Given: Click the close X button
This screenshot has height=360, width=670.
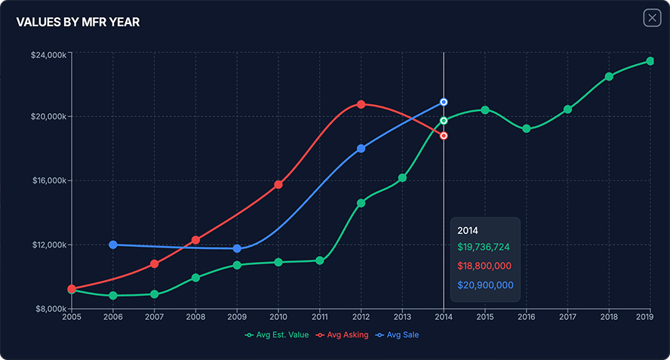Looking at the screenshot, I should [652, 18].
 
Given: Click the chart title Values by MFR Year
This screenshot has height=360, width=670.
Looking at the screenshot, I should [78, 23].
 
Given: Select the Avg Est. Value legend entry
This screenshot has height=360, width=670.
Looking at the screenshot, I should [277, 334].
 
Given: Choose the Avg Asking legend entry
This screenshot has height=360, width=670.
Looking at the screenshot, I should [343, 334].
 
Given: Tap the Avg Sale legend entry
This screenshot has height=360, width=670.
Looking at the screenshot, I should [398, 334].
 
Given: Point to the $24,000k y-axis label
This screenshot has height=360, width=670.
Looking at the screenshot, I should [48, 54].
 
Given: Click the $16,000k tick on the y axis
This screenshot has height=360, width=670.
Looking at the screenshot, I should [48, 180].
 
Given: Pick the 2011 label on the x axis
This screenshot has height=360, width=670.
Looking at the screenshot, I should [320, 318].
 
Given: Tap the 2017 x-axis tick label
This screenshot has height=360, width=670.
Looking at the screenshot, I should [567, 318].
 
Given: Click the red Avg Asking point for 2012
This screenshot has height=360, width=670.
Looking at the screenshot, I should [361, 104].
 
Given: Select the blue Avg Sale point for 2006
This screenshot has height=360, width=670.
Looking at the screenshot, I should [113, 245].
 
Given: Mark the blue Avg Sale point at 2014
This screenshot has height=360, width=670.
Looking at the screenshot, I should [444, 101].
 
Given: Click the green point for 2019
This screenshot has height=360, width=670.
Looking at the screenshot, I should [650, 61].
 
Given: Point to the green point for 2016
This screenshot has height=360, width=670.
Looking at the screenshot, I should [527, 129].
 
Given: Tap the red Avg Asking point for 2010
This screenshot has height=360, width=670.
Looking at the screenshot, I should [278, 184].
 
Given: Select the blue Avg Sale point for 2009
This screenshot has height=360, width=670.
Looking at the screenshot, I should [237, 248].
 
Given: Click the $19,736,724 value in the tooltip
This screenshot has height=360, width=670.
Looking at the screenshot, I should [484, 247].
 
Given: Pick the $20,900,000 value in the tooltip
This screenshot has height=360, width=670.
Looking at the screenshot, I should [485, 285].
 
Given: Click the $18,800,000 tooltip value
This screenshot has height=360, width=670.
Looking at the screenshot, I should [484, 266].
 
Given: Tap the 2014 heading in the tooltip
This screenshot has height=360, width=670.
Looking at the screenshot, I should [468, 229].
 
